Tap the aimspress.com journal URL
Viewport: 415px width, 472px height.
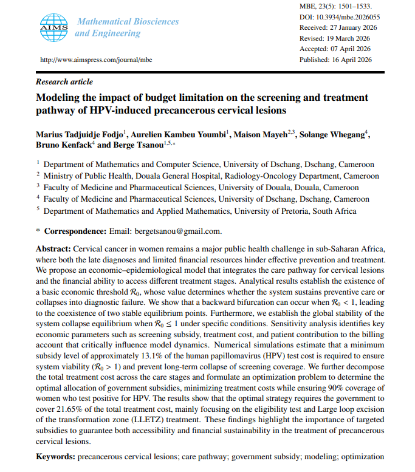(x=97, y=60)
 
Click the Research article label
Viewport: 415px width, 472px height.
(x=65, y=81)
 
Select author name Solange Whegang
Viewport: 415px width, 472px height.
(x=334, y=134)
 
